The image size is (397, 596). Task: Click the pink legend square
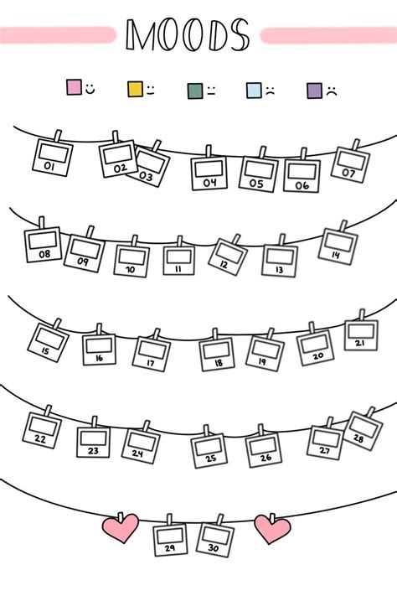pos(74,87)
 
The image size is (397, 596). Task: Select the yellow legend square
pos(135,89)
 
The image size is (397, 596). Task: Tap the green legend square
pos(195,91)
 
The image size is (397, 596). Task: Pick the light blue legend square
pos(254,91)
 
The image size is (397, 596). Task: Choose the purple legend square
pos(315,91)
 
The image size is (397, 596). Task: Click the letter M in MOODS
pos(141,34)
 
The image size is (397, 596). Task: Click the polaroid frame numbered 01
pos(53,157)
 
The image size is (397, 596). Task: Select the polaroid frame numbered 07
pos(350,164)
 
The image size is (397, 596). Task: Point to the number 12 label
pos(224,265)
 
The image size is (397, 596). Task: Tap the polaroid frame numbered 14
pos(338,246)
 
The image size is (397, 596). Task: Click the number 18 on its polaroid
pos(219,363)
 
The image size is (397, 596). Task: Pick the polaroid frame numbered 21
pos(361,335)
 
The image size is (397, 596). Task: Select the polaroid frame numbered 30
pos(215,540)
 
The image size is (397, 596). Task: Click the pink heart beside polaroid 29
pos(121,528)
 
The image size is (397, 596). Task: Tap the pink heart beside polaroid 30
pos(272,529)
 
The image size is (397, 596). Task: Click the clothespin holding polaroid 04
pos(209,152)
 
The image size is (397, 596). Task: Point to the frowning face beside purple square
pos(332,91)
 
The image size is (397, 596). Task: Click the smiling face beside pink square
pos(90,89)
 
